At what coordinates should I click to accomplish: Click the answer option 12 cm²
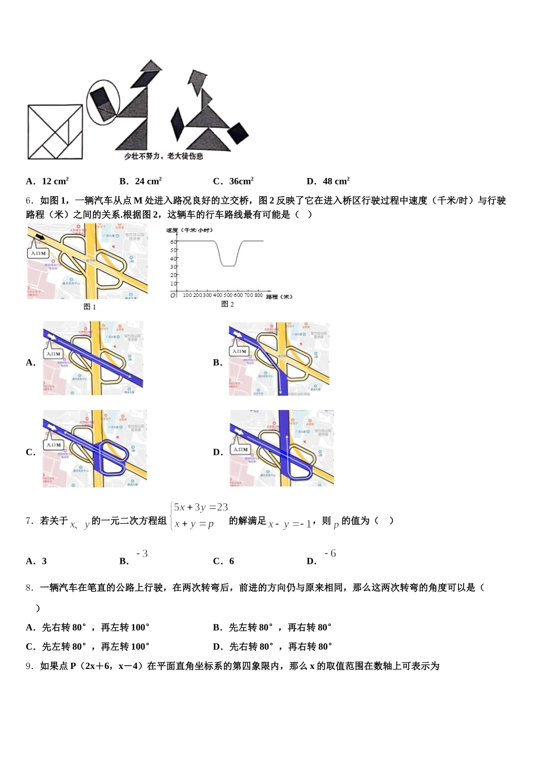(x=55, y=182)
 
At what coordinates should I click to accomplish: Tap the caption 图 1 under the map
(x=90, y=307)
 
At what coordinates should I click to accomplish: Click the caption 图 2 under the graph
(x=227, y=304)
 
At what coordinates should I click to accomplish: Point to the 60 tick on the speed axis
(x=173, y=241)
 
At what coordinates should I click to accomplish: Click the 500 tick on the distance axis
(x=228, y=295)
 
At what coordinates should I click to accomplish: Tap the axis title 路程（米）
(x=279, y=296)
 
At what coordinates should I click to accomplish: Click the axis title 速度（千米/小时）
(x=189, y=230)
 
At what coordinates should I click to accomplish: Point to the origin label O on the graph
(x=173, y=295)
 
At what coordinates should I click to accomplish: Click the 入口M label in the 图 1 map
(x=38, y=253)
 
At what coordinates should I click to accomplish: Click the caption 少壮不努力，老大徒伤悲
(x=163, y=156)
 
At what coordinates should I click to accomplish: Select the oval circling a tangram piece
(x=103, y=102)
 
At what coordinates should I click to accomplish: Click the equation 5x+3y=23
(x=201, y=508)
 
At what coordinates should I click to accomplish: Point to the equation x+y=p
(x=194, y=524)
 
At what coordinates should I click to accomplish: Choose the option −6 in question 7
(x=330, y=554)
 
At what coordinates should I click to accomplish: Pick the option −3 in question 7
(x=142, y=554)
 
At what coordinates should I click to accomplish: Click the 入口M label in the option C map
(x=54, y=444)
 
